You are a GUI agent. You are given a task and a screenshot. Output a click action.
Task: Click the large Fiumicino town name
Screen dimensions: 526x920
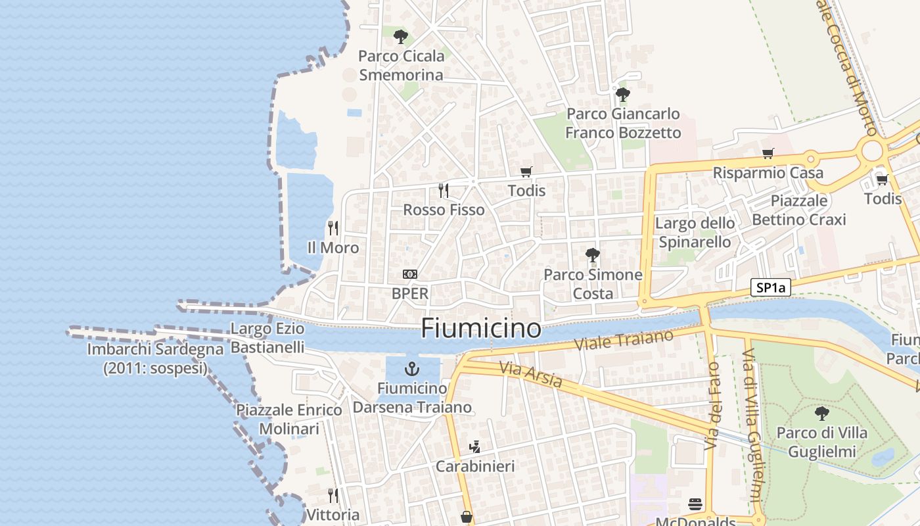click(481, 328)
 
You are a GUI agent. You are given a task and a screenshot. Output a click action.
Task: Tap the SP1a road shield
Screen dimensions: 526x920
click(771, 287)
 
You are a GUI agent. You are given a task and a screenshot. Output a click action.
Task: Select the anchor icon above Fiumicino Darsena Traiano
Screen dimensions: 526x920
click(412, 368)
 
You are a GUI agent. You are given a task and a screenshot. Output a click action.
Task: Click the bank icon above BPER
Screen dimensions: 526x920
click(410, 274)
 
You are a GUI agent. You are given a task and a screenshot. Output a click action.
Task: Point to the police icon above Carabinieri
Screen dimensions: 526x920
click(474, 447)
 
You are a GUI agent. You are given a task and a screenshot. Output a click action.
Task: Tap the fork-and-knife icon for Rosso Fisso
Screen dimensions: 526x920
click(444, 191)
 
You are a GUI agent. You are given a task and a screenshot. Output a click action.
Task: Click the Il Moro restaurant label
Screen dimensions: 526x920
click(333, 248)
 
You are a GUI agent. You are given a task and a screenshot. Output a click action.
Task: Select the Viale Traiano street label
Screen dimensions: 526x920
click(624, 341)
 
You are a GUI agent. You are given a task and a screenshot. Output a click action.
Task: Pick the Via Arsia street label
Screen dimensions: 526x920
click(530, 374)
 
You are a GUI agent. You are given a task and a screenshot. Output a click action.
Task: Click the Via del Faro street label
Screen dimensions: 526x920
click(712, 406)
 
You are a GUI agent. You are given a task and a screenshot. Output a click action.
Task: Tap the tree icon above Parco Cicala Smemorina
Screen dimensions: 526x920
click(400, 36)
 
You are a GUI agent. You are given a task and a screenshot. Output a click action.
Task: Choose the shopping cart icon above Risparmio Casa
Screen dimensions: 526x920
click(768, 154)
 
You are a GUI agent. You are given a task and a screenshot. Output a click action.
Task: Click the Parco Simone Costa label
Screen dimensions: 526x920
click(593, 284)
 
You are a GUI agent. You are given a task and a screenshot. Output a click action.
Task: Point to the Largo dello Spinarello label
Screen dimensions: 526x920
click(695, 233)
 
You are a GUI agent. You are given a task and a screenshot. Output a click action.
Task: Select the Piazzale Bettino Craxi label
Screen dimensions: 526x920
click(799, 210)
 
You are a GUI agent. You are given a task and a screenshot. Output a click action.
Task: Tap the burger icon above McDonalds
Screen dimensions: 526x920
click(695, 505)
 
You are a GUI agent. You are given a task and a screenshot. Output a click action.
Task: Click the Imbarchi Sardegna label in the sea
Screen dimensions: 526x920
click(155, 358)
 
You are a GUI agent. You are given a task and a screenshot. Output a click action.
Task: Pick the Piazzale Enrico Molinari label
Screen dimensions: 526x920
click(289, 419)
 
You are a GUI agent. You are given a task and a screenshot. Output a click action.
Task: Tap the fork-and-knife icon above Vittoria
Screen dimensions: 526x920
click(333, 495)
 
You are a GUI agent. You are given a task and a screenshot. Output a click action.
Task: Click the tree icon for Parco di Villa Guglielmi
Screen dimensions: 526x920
click(821, 413)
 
